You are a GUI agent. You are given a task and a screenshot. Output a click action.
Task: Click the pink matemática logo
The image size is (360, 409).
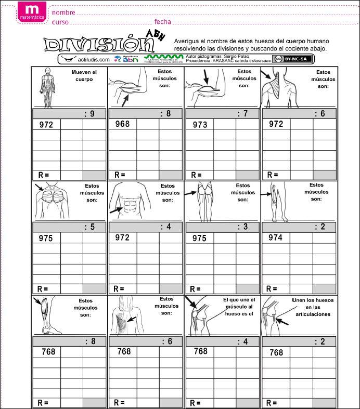pyautogui.click(x=32, y=12)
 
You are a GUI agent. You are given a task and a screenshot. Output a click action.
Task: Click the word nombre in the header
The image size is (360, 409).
pyautogui.click(x=63, y=12)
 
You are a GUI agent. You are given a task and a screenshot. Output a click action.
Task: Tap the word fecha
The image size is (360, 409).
pyautogui.click(x=162, y=22)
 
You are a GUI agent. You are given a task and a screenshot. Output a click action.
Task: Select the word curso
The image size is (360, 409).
pyautogui.click(x=60, y=22)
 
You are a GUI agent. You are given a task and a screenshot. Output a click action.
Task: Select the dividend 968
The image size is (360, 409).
pyautogui.click(x=122, y=124)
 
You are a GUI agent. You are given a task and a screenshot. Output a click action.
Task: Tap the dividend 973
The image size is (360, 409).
pyautogui.click(x=200, y=125)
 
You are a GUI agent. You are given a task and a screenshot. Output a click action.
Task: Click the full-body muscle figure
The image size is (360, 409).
pyautogui.click(x=48, y=87)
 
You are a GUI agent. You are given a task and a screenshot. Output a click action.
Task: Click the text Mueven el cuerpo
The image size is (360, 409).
pyautogui.click(x=84, y=76)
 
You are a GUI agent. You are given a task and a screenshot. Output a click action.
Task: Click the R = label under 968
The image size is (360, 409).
pyautogui.click(x=120, y=175)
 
